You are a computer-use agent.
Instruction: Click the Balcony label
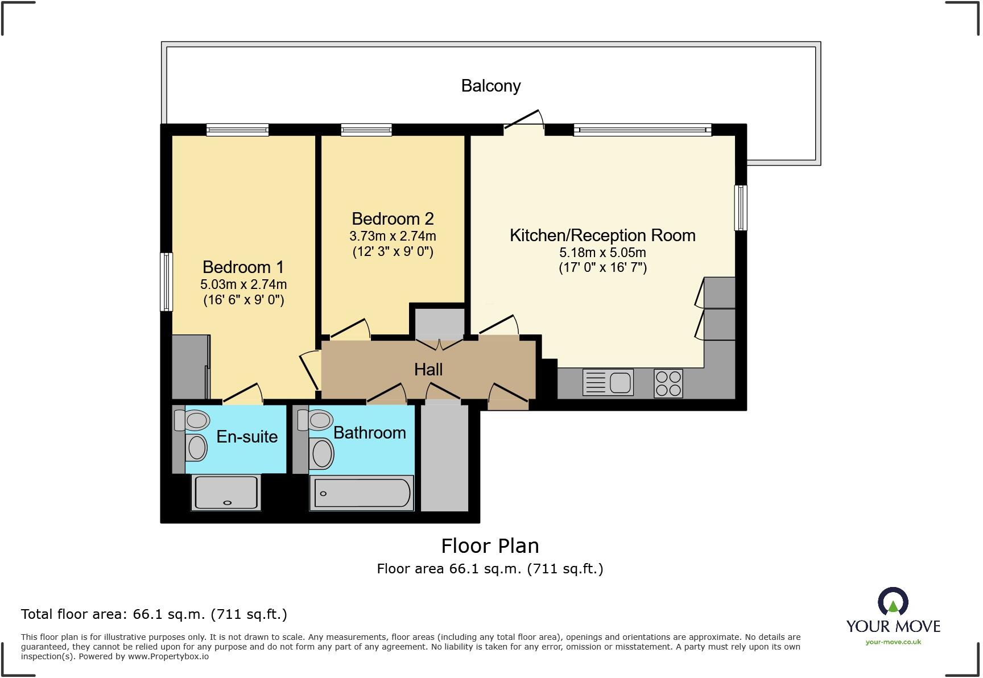pyautogui.click(x=490, y=86)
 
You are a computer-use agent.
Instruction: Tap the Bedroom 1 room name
pyautogui.click(x=243, y=267)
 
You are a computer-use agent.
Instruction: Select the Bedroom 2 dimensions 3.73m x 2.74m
pyautogui.click(x=393, y=236)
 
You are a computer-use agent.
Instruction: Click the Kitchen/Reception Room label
pyautogui.click(x=602, y=235)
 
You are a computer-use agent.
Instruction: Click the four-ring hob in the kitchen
pyautogui.click(x=668, y=383)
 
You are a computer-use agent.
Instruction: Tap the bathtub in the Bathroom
pyautogui.click(x=362, y=493)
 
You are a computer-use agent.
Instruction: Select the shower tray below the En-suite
pyautogui.click(x=226, y=493)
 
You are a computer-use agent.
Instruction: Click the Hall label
pyautogui.click(x=428, y=370)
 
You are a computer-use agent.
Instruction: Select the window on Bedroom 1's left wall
pyautogui.click(x=166, y=282)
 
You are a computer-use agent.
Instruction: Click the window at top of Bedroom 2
pyautogui.click(x=366, y=130)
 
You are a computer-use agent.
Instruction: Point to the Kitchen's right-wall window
pyautogui.click(x=741, y=208)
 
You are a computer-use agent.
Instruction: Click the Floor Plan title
pyautogui.click(x=490, y=546)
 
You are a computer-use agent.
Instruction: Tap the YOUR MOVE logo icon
pyautogui.click(x=893, y=602)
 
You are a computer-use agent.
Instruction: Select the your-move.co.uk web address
pyautogui.click(x=893, y=642)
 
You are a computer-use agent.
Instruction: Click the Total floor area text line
pyautogui.click(x=154, y=614)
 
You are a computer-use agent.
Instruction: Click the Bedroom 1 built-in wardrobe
pyautogui.click(x=190, y=367)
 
